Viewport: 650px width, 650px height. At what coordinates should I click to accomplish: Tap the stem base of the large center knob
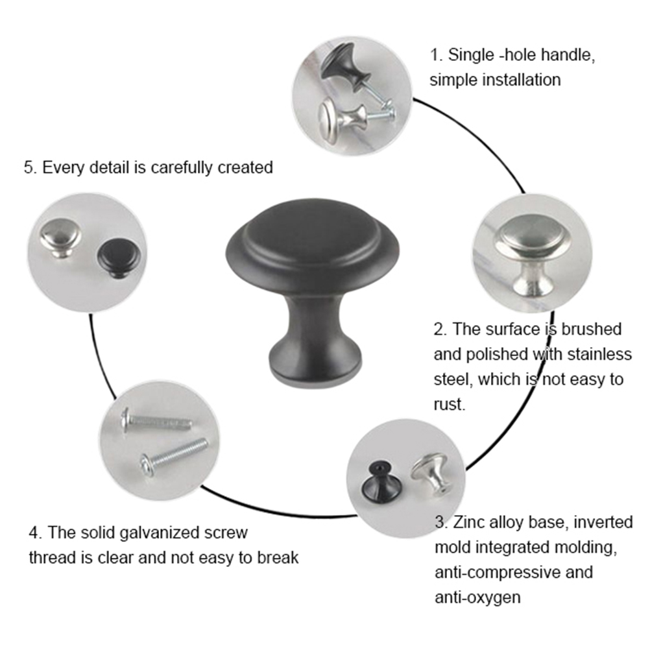point(315,367)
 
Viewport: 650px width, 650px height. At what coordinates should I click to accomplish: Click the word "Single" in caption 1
point(472,55)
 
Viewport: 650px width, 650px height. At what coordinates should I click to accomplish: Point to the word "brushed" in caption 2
point(592,329)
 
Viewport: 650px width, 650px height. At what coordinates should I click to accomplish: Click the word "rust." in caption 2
point(450,404)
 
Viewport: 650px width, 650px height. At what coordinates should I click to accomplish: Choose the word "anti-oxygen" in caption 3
point(477,597)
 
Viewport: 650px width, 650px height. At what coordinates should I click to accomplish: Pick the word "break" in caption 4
point(278,557)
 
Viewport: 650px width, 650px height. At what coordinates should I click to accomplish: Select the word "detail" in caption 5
point(109,167)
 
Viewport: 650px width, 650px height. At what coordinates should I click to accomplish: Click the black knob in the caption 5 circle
point(119,258)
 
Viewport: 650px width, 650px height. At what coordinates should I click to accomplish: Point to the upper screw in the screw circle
point(156,421)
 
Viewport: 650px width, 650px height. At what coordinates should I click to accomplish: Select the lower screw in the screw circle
point(173,457)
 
